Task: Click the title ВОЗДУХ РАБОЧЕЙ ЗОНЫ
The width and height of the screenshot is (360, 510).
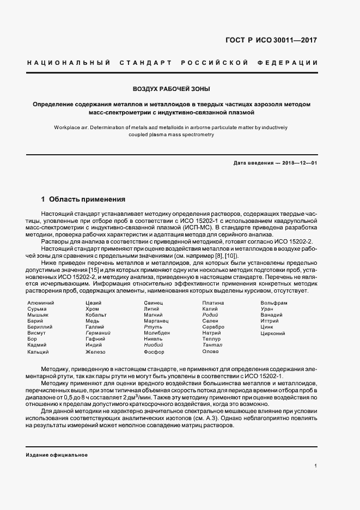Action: point(172,88)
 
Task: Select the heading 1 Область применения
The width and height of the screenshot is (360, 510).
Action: point(83,199)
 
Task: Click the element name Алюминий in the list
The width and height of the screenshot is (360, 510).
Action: point(40,303)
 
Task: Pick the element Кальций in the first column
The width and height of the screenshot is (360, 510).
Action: point(39,353)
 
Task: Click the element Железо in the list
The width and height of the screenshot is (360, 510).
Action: point(96,353)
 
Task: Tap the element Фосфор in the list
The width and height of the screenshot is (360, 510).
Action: point(154,353)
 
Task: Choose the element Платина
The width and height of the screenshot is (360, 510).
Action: point(213,303)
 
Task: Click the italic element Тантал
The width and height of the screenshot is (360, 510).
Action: point(212,345)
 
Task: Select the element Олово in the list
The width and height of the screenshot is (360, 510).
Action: point(210,352)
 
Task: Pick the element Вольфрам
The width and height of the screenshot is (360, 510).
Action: point(274,303)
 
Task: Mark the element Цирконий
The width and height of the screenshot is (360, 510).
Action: point(273,333)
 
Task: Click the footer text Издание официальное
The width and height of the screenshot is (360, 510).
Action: point(57,454)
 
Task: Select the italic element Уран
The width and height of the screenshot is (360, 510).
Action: point(267,309)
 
